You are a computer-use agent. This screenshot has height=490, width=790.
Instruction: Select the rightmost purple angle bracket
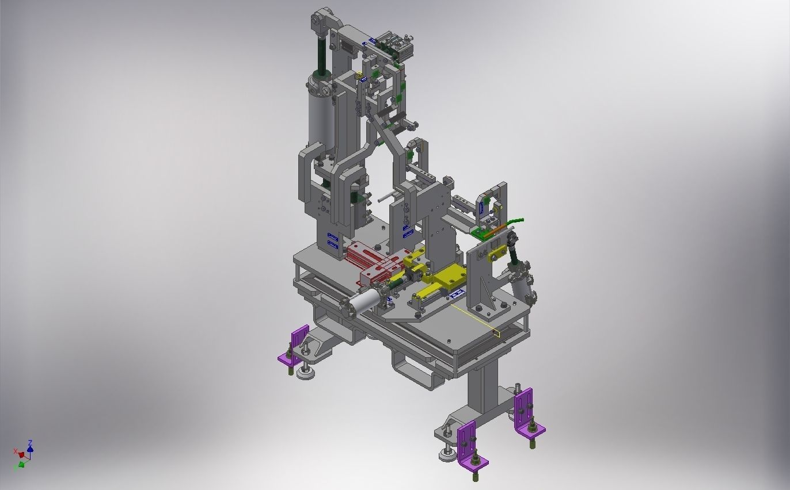tap(526, 411)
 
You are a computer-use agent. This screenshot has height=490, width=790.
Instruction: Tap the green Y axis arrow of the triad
tap(21, 464)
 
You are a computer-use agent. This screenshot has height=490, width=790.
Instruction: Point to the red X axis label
tap(16, 451)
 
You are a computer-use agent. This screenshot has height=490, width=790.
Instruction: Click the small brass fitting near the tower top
tap(359, 75)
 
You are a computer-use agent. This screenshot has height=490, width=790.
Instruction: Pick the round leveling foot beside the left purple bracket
tap(306, 374)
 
